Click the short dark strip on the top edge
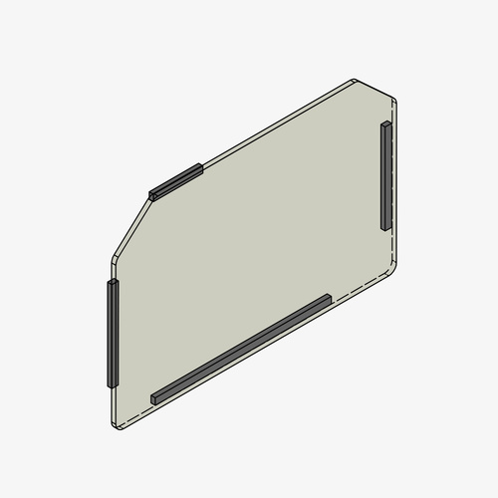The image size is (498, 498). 176,180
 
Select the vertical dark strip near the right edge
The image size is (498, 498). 385,175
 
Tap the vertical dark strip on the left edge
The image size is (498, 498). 113,333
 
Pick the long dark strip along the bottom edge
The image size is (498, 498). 241,349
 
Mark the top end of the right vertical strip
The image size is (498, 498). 385,124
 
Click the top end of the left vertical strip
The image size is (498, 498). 113,283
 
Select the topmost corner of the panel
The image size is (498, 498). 356,80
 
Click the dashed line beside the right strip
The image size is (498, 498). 394,179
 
